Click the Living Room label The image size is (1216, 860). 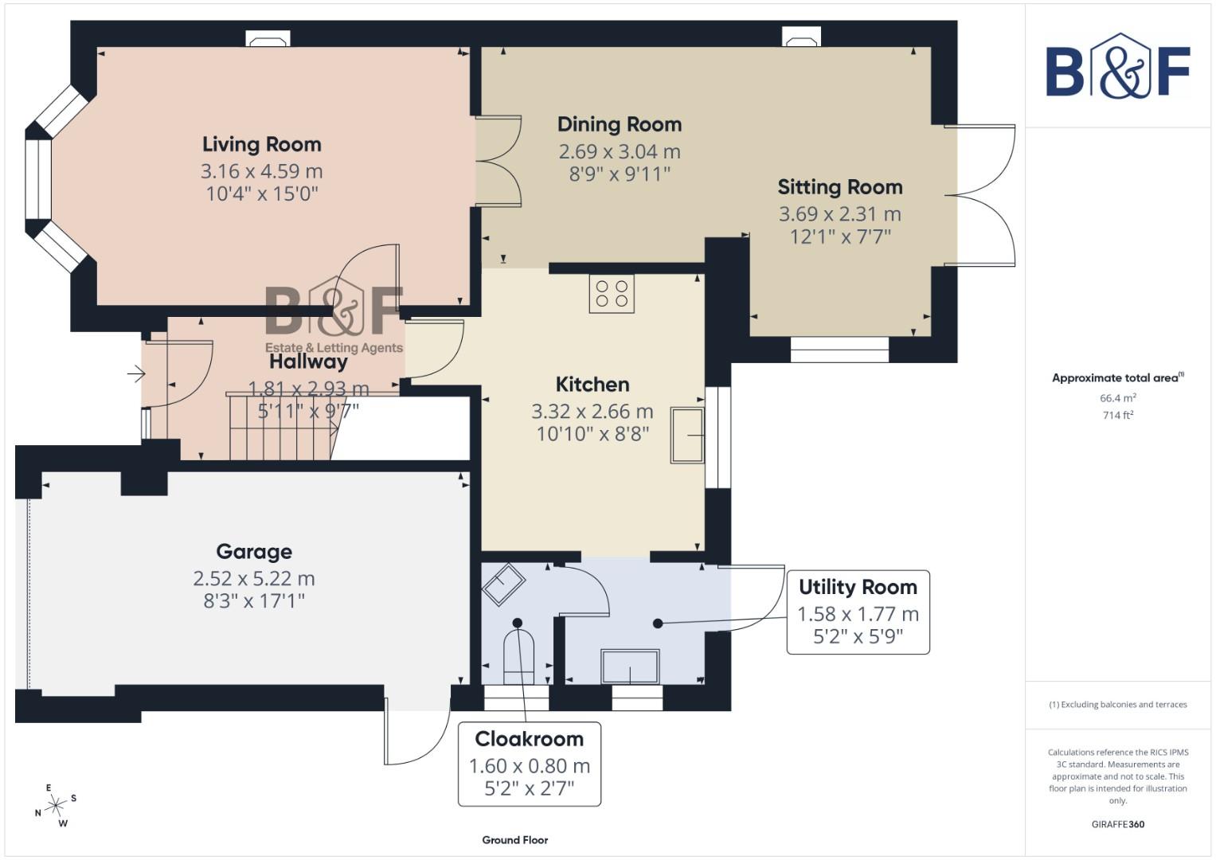[261, 144]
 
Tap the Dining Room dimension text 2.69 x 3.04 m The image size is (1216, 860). [619, 151]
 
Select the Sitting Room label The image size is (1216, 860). [839, 187]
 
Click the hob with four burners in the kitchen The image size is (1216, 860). [612, 294]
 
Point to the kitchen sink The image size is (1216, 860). [687, 435]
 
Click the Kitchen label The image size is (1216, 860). [592, 385]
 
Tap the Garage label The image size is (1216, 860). [254, 552]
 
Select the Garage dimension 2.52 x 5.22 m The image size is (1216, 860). [254, 579]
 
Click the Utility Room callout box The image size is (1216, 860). [858, 612]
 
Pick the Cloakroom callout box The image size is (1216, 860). [529, 764]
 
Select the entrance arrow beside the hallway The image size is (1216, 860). [136, 373]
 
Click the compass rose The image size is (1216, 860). [56, 806]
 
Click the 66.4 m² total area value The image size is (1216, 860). [1117, 397]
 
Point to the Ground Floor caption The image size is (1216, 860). [514, 839]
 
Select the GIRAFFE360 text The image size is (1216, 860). [1117, 824]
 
